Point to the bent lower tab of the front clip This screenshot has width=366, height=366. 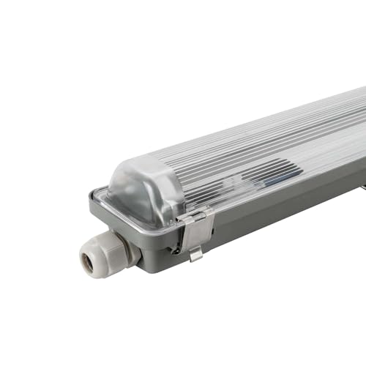point(195,253)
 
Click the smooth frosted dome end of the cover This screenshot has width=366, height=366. point(143,189)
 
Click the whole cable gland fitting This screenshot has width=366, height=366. point(106,255)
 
